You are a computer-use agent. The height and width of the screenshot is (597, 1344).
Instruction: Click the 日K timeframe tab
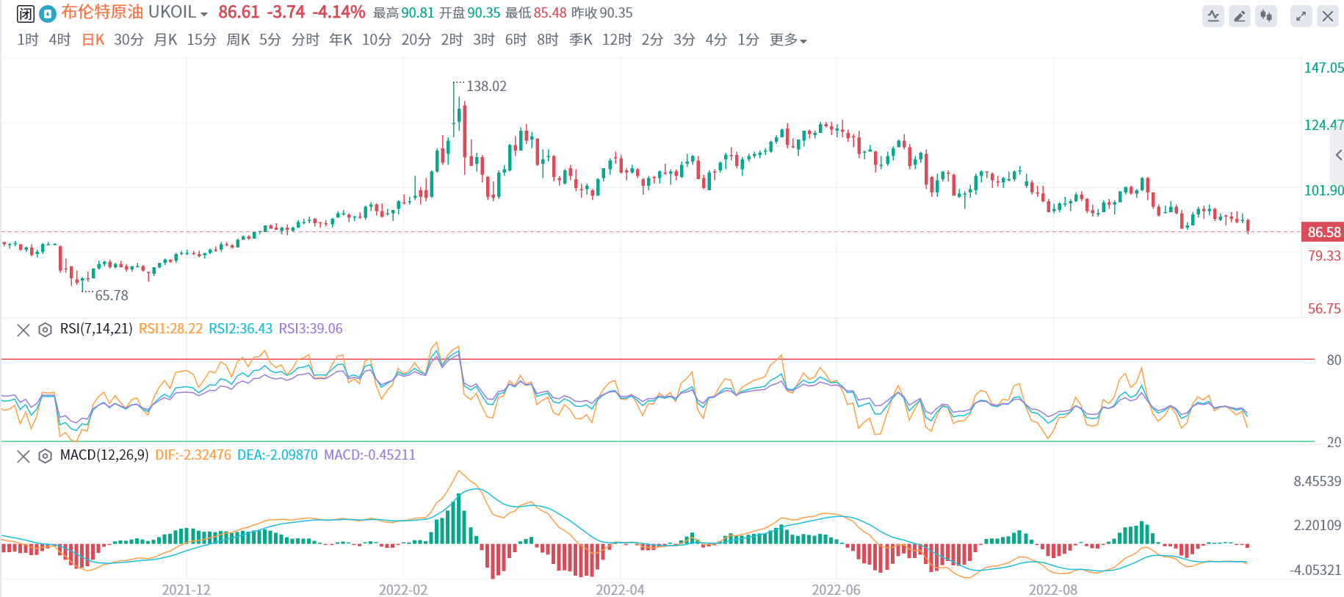93,40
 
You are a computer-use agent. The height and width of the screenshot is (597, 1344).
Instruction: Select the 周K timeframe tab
238,40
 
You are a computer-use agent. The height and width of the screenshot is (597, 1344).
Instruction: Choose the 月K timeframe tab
165,40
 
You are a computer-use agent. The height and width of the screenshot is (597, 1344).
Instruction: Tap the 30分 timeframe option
129,40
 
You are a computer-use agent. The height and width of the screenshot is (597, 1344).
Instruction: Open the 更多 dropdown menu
788,40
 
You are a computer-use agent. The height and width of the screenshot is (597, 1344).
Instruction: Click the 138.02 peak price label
486,87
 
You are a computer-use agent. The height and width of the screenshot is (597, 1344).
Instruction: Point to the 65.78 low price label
112,295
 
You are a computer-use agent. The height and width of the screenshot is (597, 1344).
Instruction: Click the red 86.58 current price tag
1323,232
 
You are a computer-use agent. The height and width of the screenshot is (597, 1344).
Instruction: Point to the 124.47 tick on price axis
1323,125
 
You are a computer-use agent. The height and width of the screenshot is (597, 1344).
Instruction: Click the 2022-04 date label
620,590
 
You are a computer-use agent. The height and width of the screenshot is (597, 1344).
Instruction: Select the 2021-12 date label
186,590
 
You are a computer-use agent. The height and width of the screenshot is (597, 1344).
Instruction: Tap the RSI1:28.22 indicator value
170,329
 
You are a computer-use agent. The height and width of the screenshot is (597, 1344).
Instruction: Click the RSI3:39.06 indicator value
311,329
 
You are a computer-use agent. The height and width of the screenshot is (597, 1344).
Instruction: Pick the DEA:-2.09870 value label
278,455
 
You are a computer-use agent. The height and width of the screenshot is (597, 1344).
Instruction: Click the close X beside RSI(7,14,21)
24,330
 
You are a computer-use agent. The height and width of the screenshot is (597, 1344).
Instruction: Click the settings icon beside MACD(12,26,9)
45,456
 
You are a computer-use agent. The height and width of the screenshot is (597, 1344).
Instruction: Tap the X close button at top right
1328,16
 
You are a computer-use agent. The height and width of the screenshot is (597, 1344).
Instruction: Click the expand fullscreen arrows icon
1301,16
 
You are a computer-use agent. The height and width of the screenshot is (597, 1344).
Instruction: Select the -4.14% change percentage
339,12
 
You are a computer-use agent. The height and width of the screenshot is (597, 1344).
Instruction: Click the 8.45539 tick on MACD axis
1318,482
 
